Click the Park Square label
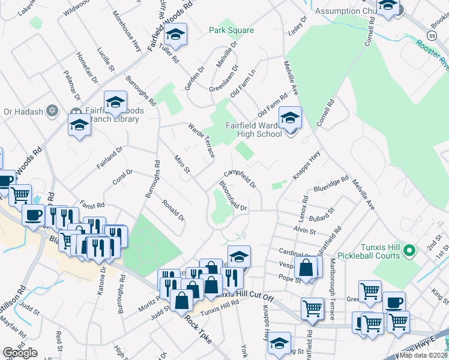231,31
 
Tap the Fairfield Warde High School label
253,130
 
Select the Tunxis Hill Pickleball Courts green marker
411,250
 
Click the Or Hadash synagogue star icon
52,111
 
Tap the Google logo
20,353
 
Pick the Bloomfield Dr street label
234,196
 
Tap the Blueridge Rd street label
331,184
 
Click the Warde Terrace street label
202,142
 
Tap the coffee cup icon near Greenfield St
394,303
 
